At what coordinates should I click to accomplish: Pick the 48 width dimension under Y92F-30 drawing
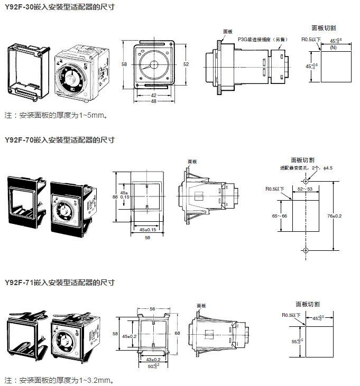click(x=153, y=101)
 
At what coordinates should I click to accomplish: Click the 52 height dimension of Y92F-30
click(x=186, y=63)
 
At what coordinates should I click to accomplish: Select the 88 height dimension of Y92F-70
click(x=115, y=197)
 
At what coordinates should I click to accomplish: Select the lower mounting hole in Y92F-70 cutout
click(x=306, y=249)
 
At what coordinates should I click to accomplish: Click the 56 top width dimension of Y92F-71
click(x=152, y=308)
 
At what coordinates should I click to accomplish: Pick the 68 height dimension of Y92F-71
click(x=177, y=333)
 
